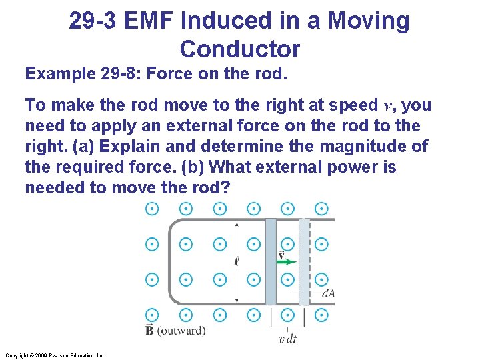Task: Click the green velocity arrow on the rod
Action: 287,262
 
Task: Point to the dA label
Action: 328,292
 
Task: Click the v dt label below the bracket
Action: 287,339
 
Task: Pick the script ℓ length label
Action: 237,261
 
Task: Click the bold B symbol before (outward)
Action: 150,330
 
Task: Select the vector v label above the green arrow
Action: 281,255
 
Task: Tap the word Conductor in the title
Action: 240,49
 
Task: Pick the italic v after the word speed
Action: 389,105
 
